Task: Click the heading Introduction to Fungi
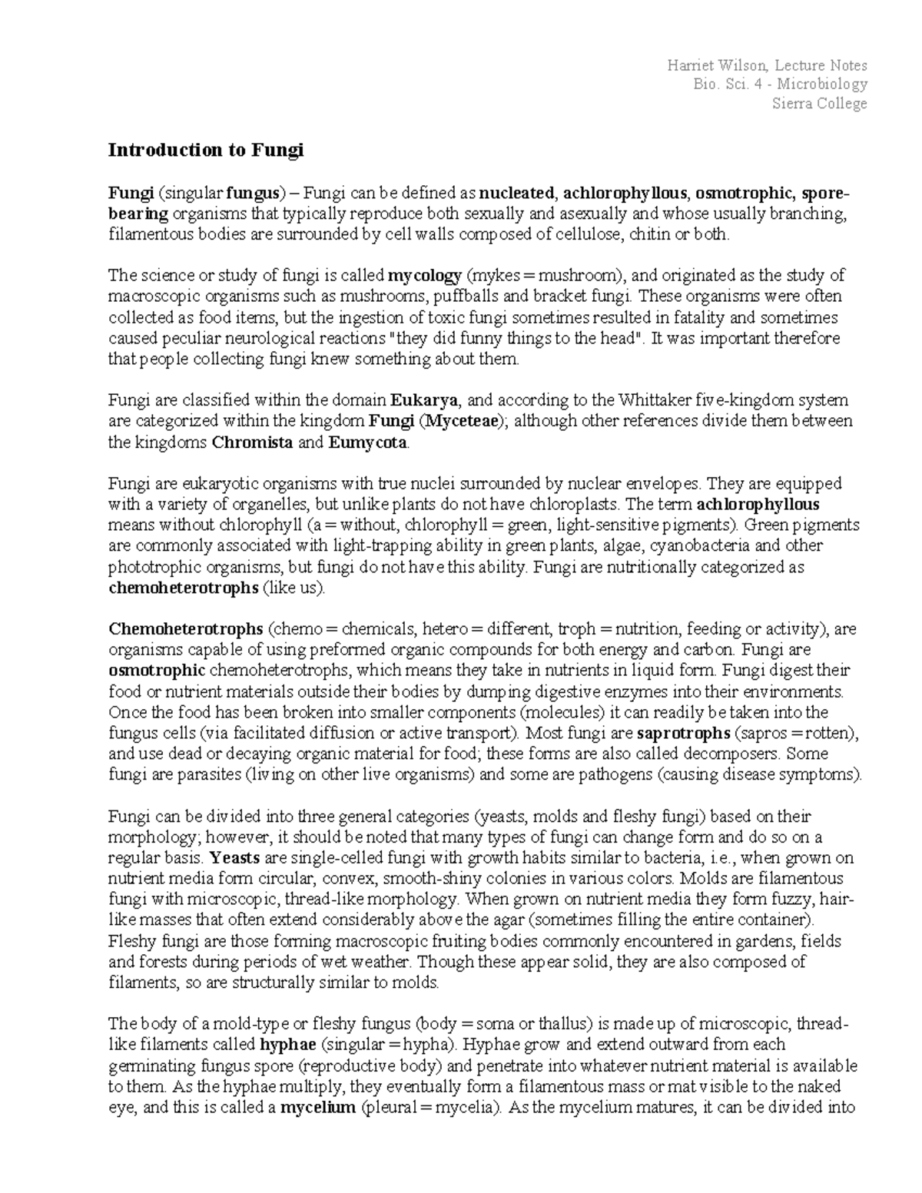pos(206,150)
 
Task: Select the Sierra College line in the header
pos(819,104)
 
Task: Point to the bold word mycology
pos(425,276)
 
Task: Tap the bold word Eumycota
pos(369,442)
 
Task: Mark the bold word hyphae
pos(288,1045)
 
